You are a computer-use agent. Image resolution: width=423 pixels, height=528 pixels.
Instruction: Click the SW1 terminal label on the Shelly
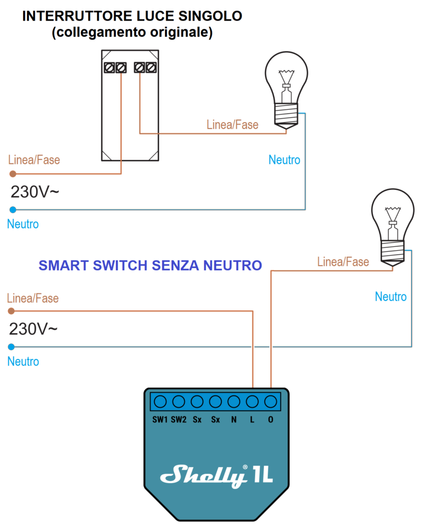tap(160, 420)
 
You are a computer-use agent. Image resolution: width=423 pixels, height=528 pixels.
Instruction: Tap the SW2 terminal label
tap(179, 420)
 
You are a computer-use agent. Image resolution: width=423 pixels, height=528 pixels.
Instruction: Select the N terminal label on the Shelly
tap(234, 420)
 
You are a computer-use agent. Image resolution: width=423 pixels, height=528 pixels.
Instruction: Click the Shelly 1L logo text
tap(216, 474)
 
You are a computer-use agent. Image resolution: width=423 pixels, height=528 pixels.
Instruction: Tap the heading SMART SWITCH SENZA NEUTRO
tap(150, 266)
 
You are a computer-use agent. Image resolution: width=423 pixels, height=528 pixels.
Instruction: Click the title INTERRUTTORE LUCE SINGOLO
tap(132, 16)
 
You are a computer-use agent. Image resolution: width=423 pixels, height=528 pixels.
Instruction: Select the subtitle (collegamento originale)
tap(132, 32)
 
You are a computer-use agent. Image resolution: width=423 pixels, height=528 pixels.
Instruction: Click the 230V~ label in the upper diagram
tap(35, 192)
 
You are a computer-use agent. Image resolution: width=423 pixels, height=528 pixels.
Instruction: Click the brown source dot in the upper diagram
tap(12, 174)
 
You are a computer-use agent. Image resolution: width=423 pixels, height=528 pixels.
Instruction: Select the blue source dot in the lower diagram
tap(12, 346)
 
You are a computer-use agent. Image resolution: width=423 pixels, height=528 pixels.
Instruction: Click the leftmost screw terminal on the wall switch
tap(110, 68)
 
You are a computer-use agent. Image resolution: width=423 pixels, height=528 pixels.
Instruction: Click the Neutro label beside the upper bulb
tap(284, 160)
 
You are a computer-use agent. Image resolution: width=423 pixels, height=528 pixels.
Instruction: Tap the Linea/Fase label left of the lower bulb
tap(343, 262)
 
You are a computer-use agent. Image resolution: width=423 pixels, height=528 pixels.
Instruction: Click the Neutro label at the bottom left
tap(23, 361)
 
